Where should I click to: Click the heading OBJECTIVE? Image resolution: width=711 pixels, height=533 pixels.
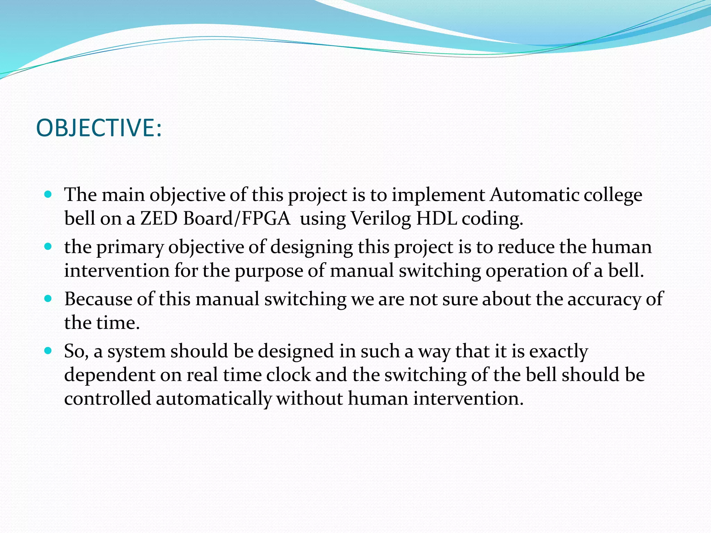pos(99,128)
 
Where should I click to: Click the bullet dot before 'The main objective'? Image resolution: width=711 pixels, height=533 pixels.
pos(48,194)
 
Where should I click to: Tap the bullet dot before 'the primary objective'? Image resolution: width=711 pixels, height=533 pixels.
pos(48,247)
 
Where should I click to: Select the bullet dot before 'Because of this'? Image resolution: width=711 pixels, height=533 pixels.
pos(48,298)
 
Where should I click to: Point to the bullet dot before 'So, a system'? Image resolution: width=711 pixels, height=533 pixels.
pos(48,351)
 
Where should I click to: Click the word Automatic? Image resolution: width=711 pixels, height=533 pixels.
pos(535,195)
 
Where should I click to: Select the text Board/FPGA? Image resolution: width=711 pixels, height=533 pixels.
pos(236,219)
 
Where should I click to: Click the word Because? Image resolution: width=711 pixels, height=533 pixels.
pos(98,299)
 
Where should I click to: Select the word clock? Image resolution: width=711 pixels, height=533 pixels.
pos(288,375)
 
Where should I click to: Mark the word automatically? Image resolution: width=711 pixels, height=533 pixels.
pos(213,399)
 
